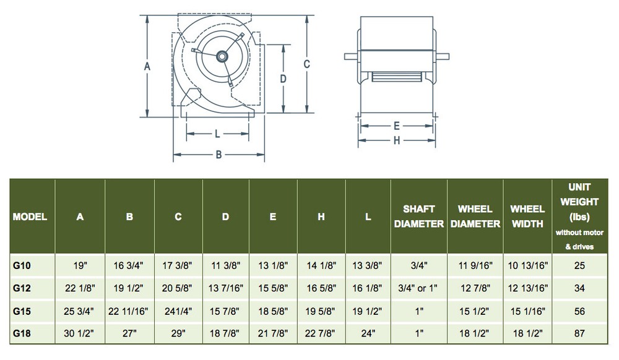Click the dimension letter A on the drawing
point(147,66)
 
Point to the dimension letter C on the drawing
point(307,64)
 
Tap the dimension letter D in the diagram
point(282,79)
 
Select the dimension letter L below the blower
point(217,134)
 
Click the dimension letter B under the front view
point(219,155)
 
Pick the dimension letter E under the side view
point(396,126)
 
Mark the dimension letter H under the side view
point(396,140)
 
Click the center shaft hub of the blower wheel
point(220,56)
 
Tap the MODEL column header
point(31,217)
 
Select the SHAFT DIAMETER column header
point(419,216)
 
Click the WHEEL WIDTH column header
point(527,216)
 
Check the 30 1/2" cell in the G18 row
point(80,333)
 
